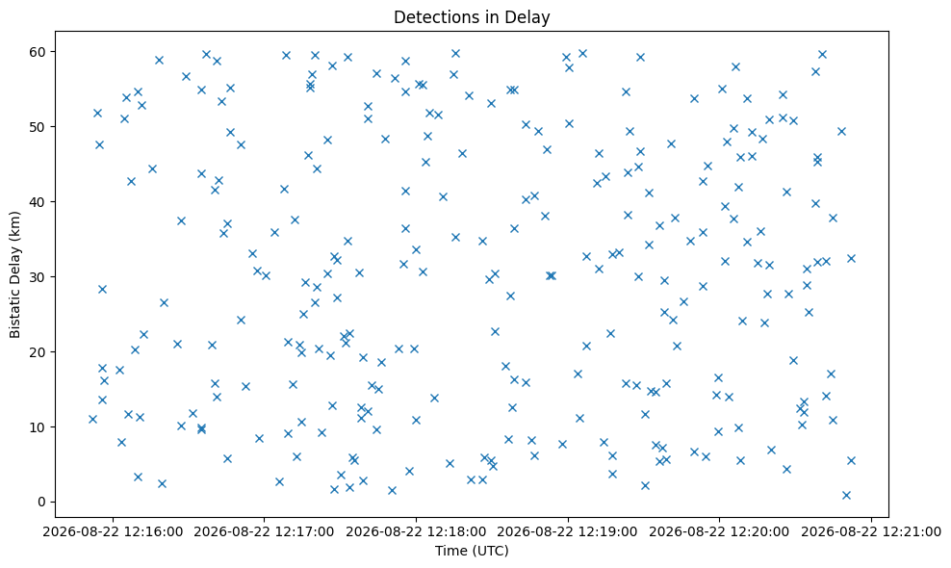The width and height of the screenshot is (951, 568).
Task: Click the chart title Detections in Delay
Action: click(472, 17)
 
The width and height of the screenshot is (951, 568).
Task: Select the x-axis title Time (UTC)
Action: click(472, 551)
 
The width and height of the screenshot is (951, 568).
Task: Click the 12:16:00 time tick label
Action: click(113, 532)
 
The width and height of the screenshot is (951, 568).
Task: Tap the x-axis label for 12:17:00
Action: click(264, 532)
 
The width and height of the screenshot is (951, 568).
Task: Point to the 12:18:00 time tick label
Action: click(416, 532)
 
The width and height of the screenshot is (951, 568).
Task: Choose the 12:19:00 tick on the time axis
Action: click(568, 532)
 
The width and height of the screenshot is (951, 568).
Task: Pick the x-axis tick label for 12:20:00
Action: click(719, 532)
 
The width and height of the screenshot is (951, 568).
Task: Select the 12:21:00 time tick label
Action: click(871, 532)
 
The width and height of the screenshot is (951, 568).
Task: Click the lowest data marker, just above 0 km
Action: click(846, 495)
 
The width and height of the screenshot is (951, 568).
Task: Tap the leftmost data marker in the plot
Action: click(92, 419)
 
